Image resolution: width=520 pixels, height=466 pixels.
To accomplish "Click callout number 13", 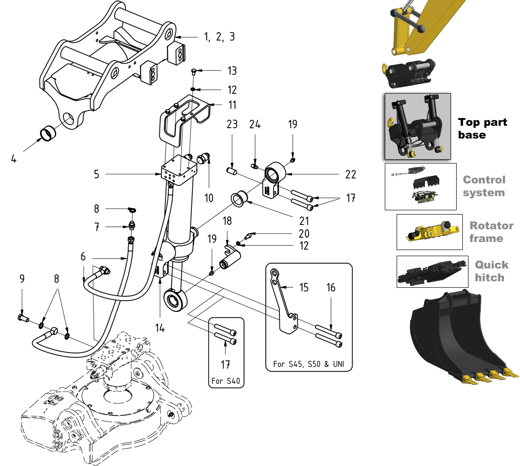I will pyautogui.click(x=232, y=71).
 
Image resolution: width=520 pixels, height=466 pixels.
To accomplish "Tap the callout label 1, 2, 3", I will pyautogui.click(x=219, y=37).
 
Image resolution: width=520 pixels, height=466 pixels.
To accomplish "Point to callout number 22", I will pyautogui.click(x=350, y=174).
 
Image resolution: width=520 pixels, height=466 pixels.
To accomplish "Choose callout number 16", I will pyautogui.click(x=331, y=287).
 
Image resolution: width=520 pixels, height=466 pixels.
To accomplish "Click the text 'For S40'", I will pyautogui.click(x=226, y=380).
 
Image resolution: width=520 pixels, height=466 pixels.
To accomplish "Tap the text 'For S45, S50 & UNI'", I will pyautogui.click(x=309, y=364).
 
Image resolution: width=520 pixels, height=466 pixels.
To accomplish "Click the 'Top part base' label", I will pyautogui.click(x=482, y=129).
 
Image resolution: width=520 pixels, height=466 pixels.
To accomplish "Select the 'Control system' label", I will pyautogui.click(x=484, y=186).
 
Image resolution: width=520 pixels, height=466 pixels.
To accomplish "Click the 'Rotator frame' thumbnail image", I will pyautogui.click(x=429, y=232).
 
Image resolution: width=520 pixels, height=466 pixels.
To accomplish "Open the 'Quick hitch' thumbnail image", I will pyautogui.click(x=429, y=272).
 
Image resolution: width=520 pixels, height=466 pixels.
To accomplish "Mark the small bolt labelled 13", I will pyautogui.click(x=194, y=71).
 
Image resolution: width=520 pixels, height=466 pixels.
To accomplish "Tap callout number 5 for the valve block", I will pyautogui.click(x=96, y=174).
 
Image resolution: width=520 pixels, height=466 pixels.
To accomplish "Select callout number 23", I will pyautogui.click(x=232, y=125).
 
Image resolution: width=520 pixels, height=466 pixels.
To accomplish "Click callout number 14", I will pyautogui.click(x=160, y=327).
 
